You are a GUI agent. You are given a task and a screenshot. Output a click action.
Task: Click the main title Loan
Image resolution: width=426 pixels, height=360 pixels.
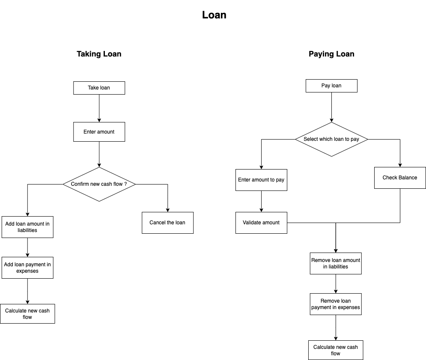pos(214,15)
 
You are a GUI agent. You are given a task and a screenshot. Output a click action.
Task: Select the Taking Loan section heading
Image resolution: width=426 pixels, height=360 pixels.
pos(99,54)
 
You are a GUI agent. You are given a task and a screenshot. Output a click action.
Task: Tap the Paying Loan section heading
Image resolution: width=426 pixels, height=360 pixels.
pos(331,54)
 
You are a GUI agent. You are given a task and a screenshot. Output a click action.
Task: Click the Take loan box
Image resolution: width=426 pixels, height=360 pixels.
pos(99,88)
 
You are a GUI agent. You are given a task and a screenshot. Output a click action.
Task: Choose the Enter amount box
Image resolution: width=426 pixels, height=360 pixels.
pos(99,132)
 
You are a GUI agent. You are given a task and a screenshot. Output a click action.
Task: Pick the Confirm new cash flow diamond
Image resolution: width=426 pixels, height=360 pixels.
pos(99,184)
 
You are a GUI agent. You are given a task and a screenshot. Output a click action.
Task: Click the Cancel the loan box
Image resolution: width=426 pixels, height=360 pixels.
pos(167,223)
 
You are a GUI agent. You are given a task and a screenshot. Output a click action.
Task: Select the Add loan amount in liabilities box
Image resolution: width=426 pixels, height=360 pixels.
pos(27,227)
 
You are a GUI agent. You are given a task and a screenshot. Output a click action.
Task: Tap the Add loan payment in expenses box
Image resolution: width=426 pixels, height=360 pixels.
pos(27,268)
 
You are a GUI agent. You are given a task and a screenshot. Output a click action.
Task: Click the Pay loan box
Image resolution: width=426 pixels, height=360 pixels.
pos(331,86)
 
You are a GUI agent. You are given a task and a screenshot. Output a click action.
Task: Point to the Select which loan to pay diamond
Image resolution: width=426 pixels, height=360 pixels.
pos(331,139)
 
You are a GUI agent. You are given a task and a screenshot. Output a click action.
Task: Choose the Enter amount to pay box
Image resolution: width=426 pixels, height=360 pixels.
pos(261,180)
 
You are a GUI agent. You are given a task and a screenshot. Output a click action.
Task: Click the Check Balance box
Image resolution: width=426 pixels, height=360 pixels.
pos(400,178)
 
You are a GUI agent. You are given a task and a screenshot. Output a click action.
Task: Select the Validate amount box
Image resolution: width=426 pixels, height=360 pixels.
pos(261,223)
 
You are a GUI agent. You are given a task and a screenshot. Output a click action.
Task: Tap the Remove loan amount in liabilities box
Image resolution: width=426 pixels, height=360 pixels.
pos(336,263)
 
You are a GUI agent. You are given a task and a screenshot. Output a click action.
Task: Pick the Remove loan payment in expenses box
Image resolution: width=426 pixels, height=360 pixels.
pos(336,304)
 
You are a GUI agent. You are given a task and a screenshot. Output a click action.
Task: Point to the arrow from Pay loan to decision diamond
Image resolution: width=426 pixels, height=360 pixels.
pos(331,107)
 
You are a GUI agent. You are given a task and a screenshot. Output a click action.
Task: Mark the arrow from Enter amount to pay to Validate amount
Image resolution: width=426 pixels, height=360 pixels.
pos(261,201)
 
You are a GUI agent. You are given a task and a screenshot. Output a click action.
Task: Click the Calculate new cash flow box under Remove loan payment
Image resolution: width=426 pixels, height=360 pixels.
pos(336,350)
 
